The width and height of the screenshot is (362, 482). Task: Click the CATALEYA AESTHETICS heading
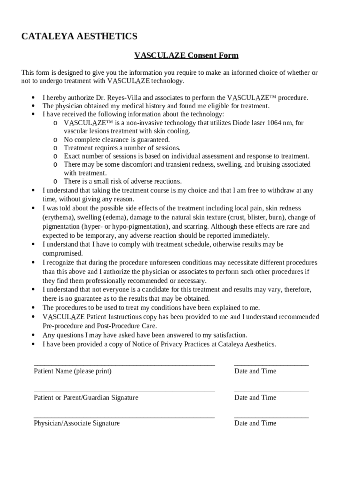(79, 36)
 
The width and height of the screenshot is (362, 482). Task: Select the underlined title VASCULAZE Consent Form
(186, 56)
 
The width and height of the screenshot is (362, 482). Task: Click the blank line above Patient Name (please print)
(124, 364)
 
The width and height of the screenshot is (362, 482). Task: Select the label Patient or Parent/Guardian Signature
(86, 398)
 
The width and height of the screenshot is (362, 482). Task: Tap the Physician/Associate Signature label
(77, 423)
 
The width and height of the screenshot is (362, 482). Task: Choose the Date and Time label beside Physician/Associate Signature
(255, 423)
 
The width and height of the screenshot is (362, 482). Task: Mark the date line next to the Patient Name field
(271, 364)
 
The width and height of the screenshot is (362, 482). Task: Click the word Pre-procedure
(63, 326)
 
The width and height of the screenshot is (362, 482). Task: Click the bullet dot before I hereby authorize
(33, 98)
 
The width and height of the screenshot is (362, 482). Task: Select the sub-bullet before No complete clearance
(55, 140)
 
